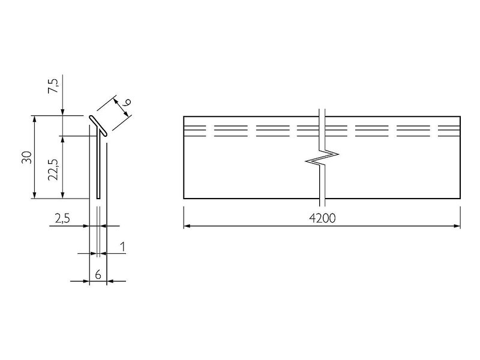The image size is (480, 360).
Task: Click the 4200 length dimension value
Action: point(322,218)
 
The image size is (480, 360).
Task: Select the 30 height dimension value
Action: point(27,157)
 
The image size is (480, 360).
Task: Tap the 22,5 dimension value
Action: point(53,170)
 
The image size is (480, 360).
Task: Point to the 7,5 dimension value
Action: point(53,86)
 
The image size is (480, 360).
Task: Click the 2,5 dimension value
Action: point(62,218)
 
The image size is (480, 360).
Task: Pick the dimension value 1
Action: point(123,247)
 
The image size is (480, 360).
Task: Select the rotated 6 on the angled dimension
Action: point(127,101)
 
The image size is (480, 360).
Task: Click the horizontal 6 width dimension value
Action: point(98,275)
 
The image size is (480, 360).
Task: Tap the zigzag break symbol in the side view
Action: point(322,158)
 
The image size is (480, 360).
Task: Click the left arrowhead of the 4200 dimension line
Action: point(187,226)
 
